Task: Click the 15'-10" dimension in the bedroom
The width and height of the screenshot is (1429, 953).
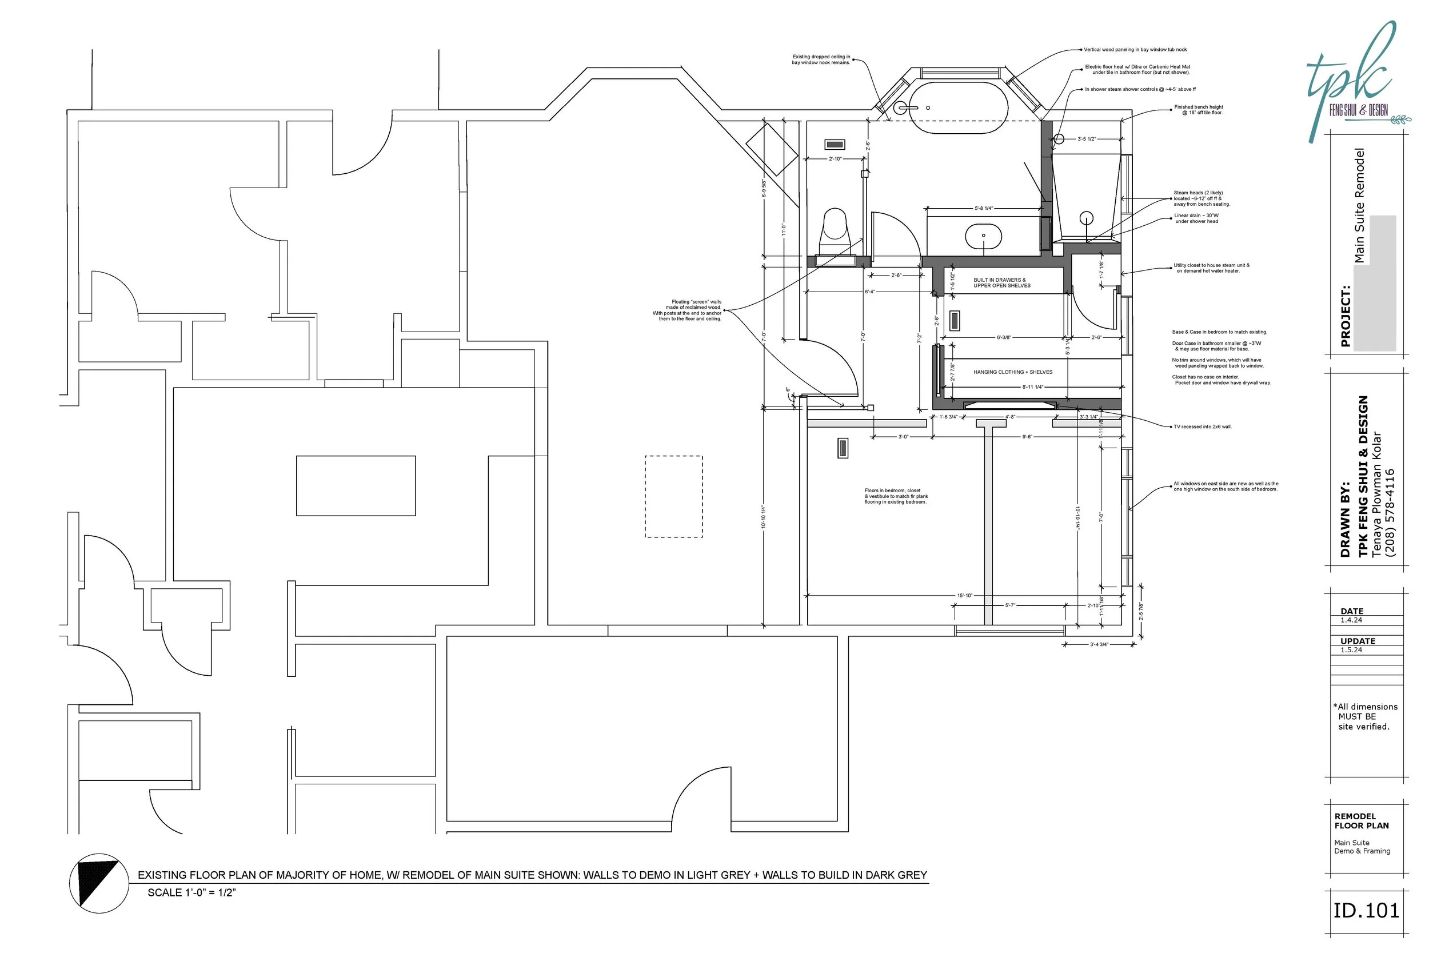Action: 964,596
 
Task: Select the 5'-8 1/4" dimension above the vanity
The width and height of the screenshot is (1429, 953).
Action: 983,209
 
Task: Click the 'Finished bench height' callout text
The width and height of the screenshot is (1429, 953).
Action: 1198,109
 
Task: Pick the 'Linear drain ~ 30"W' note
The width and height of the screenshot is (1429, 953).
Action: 1196,218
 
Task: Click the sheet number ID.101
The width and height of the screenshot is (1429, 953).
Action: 1366,911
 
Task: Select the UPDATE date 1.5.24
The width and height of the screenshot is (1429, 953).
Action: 1351,649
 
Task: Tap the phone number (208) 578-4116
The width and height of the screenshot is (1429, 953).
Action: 1390,513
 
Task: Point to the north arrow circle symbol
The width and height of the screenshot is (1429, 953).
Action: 99,883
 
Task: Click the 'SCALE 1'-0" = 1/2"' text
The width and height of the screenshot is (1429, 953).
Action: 191,892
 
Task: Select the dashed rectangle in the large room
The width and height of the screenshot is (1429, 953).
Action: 673,497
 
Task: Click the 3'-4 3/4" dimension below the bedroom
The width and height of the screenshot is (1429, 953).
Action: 1099,645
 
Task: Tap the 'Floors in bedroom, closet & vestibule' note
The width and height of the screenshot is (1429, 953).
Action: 896,496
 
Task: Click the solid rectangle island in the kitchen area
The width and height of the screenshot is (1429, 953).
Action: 356,485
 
